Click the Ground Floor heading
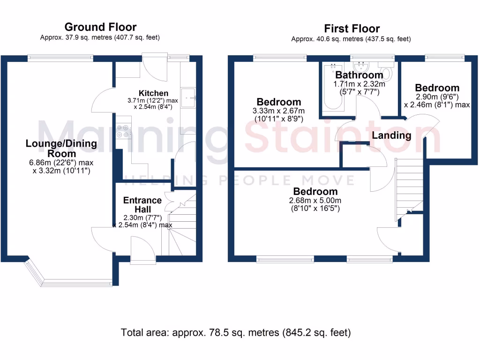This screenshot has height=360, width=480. [100, 27]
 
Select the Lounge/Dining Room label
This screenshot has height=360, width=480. [61, 149]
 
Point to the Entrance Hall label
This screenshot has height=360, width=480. [142, 204]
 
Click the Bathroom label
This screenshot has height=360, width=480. [359, 75]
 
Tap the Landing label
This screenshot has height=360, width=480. [391, 135]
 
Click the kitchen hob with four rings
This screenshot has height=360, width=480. [125, 130]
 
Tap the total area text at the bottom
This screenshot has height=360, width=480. [236, 333]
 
